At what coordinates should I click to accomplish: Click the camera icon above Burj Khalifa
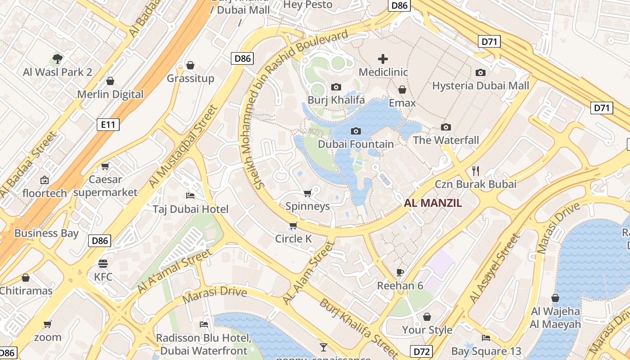point(336,87)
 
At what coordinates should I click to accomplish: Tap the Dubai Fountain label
point(355,144)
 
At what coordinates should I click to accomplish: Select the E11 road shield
point(108,125)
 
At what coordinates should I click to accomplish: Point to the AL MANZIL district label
point(433,203)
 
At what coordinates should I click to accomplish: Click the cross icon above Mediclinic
point(383,59)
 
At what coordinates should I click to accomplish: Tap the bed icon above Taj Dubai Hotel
point(190,195)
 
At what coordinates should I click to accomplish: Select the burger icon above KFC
point(103,264)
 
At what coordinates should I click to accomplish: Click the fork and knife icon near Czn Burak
point(476,171)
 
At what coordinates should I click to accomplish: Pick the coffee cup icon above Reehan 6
point(400,272)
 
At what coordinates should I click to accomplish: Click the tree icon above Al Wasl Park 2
point(57,58)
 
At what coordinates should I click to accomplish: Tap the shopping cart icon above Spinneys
point(307,193)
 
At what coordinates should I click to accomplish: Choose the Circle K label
point(293,238)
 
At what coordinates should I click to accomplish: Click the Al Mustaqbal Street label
point(183,147)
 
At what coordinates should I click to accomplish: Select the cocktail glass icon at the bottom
point(323,347)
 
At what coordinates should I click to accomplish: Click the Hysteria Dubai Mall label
point(481,85)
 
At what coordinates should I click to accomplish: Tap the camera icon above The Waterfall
point(446,127)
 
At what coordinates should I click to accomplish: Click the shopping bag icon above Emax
point(402,90)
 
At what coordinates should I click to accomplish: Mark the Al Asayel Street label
point(494,268)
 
